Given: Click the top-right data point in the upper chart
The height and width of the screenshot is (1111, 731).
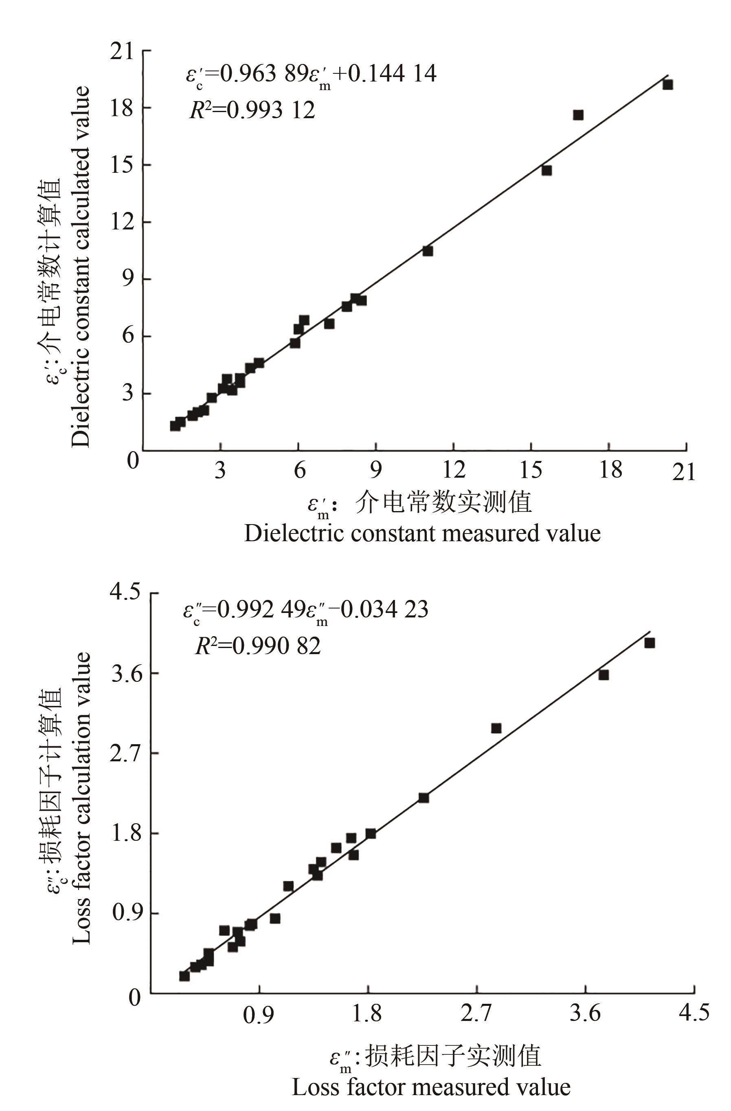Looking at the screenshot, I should [x=667, y=84].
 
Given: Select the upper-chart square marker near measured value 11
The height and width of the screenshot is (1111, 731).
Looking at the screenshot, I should [x=428, y=251].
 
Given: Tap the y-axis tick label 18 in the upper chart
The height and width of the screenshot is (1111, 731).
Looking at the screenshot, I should [x=122, y=108].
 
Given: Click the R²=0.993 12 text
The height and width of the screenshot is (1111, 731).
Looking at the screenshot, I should [x=252, y=110].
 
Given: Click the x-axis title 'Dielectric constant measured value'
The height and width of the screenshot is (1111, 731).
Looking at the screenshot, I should [x=422, y=533].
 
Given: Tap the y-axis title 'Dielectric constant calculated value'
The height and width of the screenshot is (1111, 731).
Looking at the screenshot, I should [x=80, y=266].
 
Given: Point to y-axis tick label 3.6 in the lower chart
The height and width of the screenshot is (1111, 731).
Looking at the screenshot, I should [x=125, y=674].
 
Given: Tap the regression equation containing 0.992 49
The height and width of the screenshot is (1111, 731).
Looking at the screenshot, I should [x=305, y=610].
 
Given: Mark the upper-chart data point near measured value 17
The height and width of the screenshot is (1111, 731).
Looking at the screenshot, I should [x=578, y=115].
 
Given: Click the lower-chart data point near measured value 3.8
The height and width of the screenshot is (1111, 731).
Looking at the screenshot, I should [x=604, y=675].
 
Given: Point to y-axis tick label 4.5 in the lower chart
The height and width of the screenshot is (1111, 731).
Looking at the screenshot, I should [x=125, y=592].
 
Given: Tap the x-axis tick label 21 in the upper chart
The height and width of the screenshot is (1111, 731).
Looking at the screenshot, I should [x=684, y=472].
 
